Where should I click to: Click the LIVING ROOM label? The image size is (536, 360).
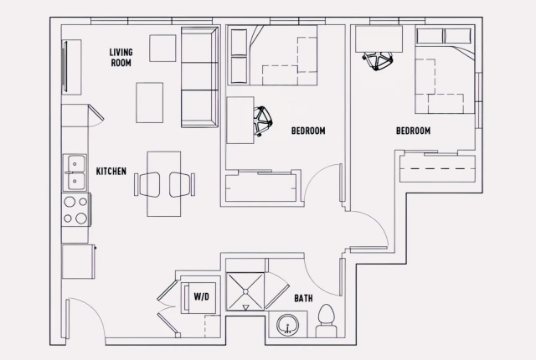point(121,57)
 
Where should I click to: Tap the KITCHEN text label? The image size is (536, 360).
point(111,172)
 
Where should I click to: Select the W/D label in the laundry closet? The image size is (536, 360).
point(201,296)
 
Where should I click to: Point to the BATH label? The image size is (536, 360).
point(303,298)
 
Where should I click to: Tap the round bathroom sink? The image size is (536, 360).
point(288,325)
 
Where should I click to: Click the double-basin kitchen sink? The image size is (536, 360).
point(75,172)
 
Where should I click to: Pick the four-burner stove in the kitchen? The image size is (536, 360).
point(75,209)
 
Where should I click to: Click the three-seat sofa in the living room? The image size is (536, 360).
point(198,77)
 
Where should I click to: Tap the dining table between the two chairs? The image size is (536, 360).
point(163,184)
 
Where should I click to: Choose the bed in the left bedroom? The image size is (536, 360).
point(272,54)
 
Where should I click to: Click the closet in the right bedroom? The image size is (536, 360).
point(437,170)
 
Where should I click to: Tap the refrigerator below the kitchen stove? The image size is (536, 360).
point(77,260)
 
